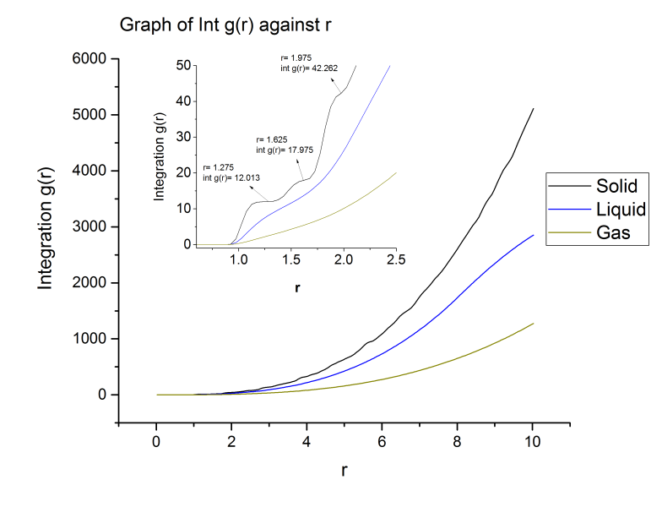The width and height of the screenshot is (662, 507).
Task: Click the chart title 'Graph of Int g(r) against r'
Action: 224,25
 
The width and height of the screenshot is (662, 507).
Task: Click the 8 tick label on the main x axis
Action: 458,440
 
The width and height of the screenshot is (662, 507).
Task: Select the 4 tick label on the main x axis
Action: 307,440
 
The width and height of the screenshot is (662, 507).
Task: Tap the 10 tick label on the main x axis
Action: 533,440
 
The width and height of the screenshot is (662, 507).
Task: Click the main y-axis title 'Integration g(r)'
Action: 46,227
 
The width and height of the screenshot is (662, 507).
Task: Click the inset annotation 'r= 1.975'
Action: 296,58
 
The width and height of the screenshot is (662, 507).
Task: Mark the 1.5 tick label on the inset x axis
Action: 290,258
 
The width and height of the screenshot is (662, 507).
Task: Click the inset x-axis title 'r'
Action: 297,288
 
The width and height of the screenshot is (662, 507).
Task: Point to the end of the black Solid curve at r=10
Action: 533,108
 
